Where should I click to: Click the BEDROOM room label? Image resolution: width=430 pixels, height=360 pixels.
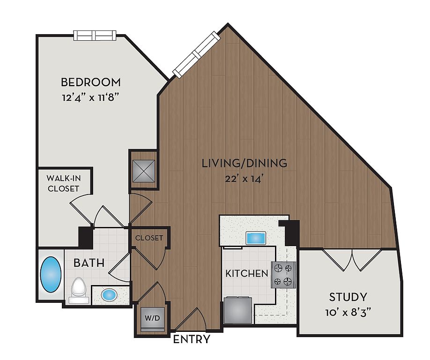[90, 82]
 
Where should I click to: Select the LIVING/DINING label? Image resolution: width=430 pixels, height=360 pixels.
[245, 163]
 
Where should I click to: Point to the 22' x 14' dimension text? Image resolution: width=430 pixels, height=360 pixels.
[245, 179]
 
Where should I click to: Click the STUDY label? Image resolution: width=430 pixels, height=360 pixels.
[348, 297]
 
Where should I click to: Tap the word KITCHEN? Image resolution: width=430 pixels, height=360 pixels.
[246, 273]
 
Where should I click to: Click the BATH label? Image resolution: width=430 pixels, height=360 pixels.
[89, 263]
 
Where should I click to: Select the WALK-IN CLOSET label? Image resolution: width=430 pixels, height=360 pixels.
[64, 183]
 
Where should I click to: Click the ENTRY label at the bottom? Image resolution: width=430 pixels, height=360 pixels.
[192, 339]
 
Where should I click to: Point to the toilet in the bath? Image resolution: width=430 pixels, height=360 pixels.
[79, 290]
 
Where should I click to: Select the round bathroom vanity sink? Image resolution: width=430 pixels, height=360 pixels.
[109, 295]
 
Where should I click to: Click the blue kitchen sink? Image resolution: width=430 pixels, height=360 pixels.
[256, 238]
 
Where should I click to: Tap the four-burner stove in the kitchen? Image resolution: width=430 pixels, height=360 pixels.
[283, 275]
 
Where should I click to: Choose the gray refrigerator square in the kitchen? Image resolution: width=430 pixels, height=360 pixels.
[238, 310]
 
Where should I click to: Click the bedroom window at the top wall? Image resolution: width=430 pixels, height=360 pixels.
[95, 36]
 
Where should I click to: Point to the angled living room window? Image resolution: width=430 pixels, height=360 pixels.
[197, 54]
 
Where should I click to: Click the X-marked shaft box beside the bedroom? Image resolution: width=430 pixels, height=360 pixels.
[144, 171]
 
